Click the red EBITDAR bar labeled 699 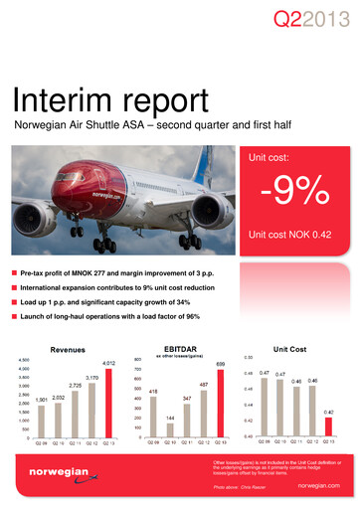221,404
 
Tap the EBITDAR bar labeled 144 169,429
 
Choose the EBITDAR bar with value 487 203,414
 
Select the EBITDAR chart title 183,349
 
